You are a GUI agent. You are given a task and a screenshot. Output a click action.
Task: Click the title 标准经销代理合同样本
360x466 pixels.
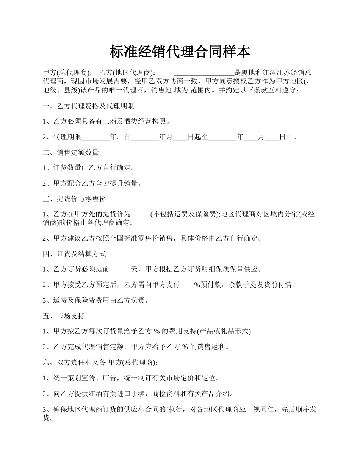click(180, 52)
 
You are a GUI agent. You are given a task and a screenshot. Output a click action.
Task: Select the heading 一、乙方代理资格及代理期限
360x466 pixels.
click(88, 106)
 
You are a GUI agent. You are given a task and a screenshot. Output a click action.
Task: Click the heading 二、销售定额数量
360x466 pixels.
click(71, 153)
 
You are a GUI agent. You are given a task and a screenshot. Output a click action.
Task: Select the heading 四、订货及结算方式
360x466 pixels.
click(74, 254)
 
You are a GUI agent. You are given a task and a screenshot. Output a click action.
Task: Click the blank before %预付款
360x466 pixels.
click(187, 285)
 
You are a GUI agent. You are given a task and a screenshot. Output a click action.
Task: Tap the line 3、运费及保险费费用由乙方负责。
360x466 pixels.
click(95, 301)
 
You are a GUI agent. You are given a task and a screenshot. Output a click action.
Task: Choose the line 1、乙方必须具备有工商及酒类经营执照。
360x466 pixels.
click(106, 122)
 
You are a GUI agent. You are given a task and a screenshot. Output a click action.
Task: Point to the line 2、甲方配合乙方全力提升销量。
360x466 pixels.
click(92, 184)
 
